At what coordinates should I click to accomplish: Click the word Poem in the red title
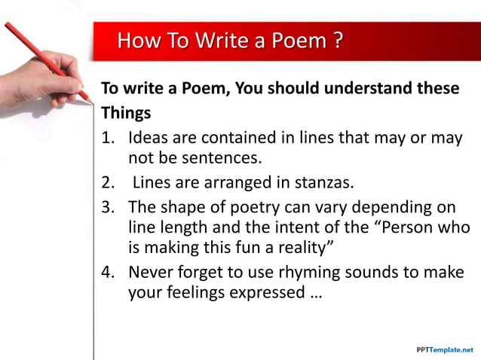point(301,40)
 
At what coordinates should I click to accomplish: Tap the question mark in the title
point(339,40)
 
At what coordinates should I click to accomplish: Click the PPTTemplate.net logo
point(445,350)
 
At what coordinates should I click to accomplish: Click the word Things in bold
point(126,113)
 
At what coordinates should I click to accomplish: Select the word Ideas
point(148,139)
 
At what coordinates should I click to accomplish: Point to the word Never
point(150,272)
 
